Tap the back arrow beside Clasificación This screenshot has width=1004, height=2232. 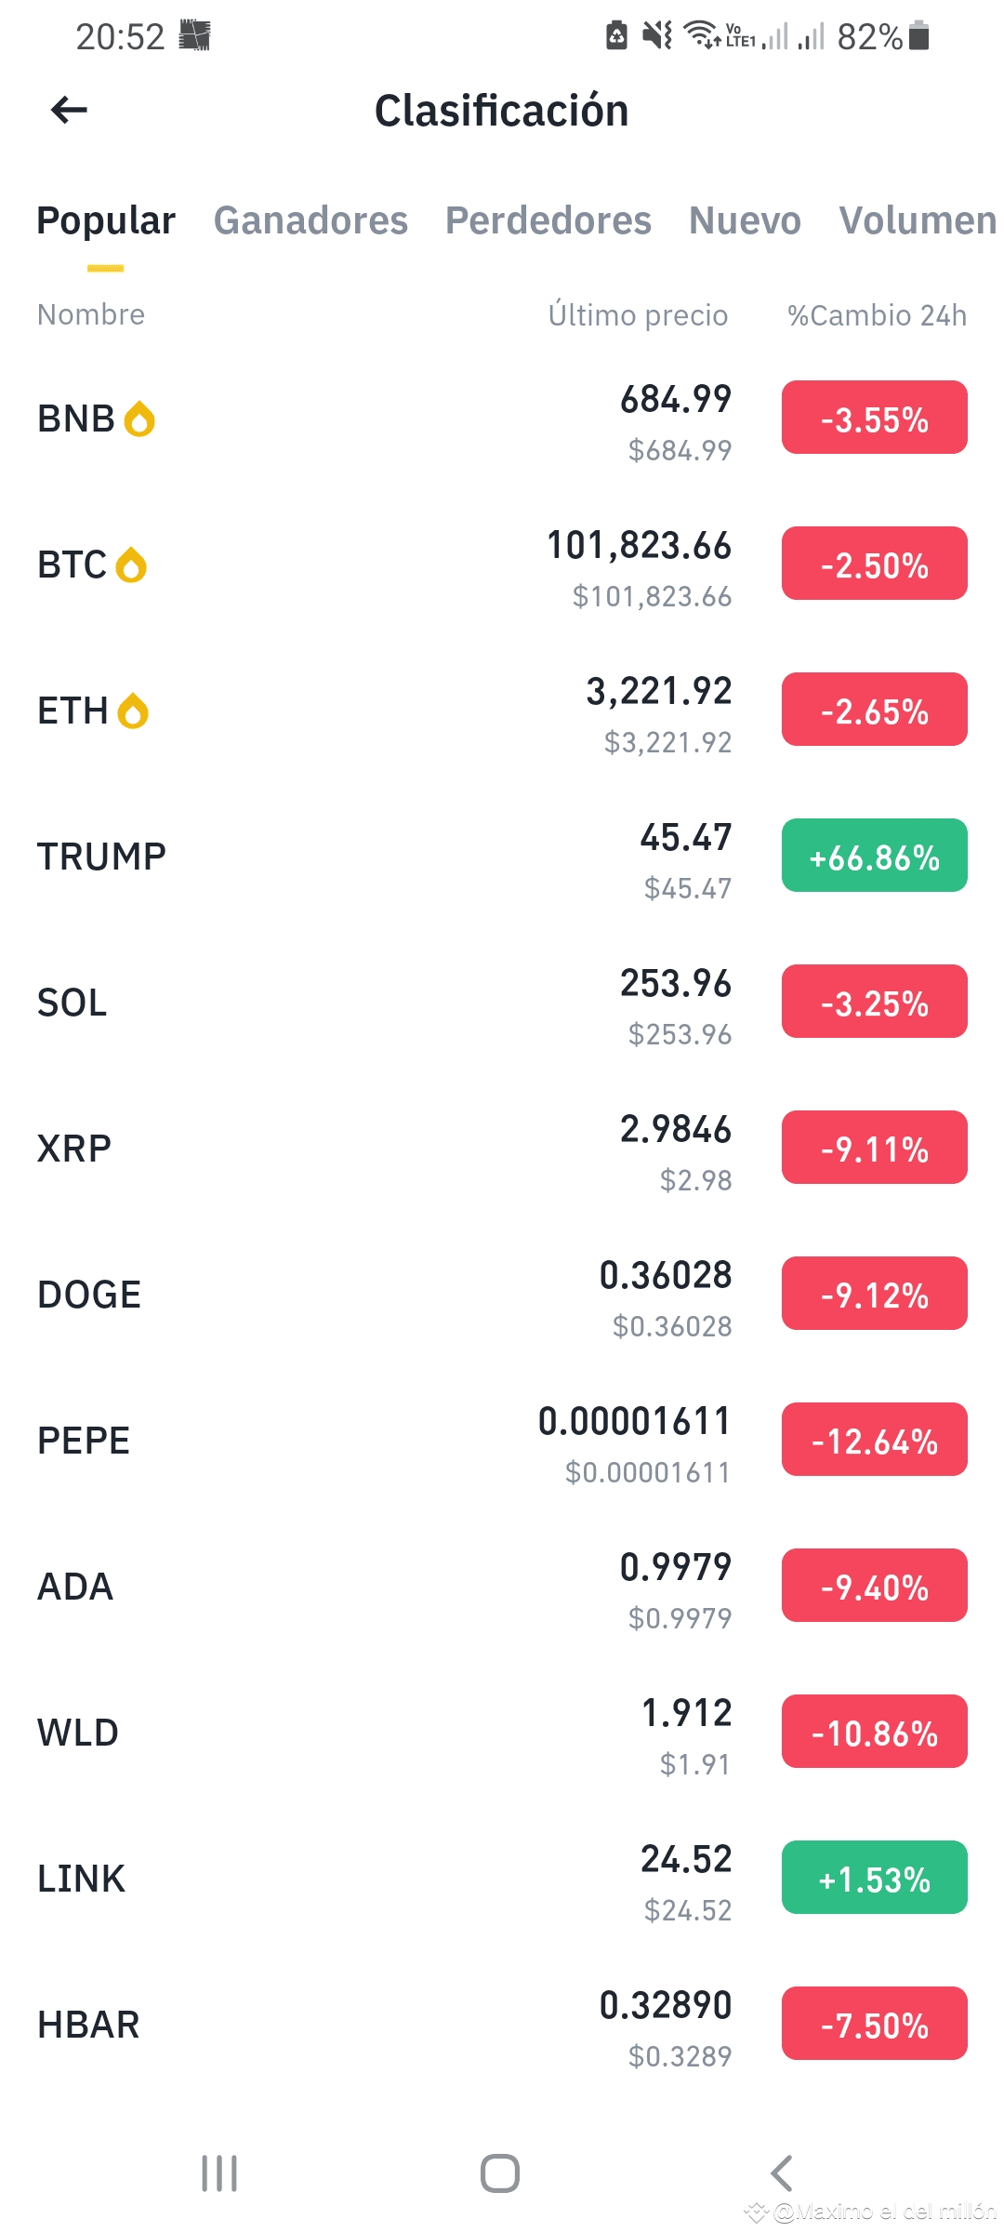pyautogui.click(x=70, y=110)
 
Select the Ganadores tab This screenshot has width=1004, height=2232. pyautogui.click(x=310, y=220)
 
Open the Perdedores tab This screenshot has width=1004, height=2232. pyautogui.click(x=548, y=220)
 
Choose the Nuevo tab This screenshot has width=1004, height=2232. pyautogui.click(x=745, y=220)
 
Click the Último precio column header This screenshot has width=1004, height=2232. pyautogui.click(x=638, y=315)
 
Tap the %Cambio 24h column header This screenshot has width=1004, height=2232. pyautogui.click(x=877, y=315)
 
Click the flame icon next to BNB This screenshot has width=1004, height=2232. pyautogui.click(x=139, y=418)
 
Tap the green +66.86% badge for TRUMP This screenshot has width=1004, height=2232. pyautogui.click(x=874, y=856)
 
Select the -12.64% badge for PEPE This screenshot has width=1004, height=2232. pyautogui.click(x=874, y=1440)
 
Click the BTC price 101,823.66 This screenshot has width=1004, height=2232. pyautogui.click(x=639, y=546)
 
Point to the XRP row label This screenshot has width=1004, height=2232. pyautogui.click(x=74, y=1149)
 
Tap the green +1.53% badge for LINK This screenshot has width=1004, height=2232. pyautogui.click(x=874, y=1878)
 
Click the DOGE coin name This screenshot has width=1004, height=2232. pyautogui.click(x=89, y=1295)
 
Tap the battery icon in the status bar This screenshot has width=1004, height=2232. pyautogui.click(x=918, y=35)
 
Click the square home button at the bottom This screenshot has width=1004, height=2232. pyautogui.click(x=500, y=2173)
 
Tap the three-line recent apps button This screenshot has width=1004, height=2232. pyautogui.click(x=219, y=2173)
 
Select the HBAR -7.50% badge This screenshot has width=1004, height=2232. pyautogui.click(x=874, y=2024)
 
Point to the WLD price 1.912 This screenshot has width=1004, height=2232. pyautogui.click(x=686, y=1713)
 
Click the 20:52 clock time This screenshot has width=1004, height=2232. pyautogui.click(x=120, y=37)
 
